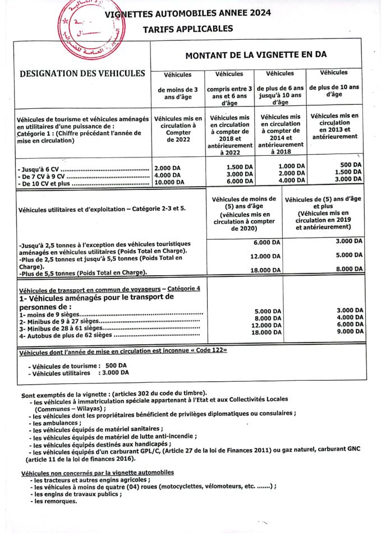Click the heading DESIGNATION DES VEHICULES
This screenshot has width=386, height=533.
tap(82, 73)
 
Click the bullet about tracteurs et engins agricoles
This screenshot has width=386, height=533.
tap(92, 480)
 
